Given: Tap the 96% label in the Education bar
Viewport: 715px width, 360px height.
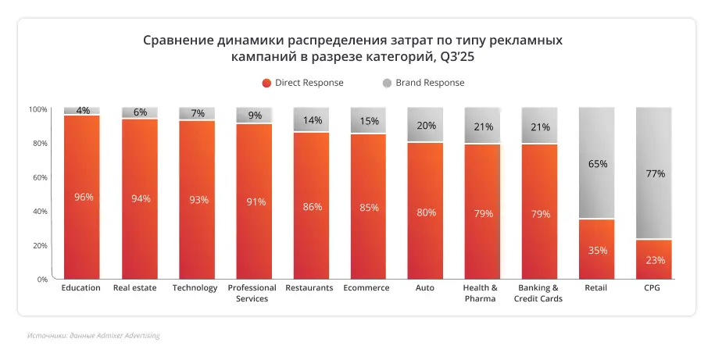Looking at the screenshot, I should click(83, 197).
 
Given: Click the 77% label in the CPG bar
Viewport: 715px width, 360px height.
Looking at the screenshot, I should click(655, 173).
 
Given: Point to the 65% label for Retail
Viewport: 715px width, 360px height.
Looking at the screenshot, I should click(597, 164).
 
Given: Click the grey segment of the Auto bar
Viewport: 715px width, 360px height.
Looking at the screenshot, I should click(425, 125).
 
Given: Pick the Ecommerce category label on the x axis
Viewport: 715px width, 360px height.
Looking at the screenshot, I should click(366, 288).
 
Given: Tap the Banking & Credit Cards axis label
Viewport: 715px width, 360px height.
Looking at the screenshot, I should click(538, 293).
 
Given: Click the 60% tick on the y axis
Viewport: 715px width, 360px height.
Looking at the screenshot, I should click(38, 177).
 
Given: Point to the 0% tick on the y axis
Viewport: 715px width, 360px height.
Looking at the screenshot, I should click(41, 279).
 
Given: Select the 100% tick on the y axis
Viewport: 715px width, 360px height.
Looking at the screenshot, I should click(38, 109).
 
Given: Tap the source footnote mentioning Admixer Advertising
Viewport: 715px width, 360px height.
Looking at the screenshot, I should click(93, 336).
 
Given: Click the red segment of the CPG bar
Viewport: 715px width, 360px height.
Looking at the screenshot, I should click(655, 259).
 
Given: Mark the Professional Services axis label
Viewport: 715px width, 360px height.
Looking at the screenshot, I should click(252, 293).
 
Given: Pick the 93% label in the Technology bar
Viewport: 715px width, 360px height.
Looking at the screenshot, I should click(198, 200).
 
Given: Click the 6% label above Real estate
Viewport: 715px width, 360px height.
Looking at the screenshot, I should click(140, 112).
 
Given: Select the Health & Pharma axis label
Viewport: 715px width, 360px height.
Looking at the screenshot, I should click(480, 293).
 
